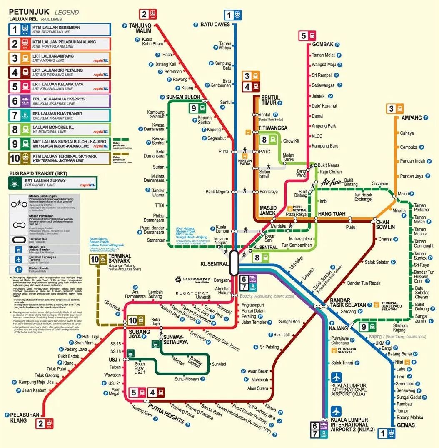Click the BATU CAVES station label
(215, 25)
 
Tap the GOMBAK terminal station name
(323, 44)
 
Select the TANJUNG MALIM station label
(140, 28)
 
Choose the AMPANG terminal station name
(412, 118)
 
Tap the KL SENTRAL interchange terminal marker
(234, 263)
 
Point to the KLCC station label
(317, 136)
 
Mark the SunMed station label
(219, 364)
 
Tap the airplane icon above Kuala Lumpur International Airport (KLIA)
(336, 377)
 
